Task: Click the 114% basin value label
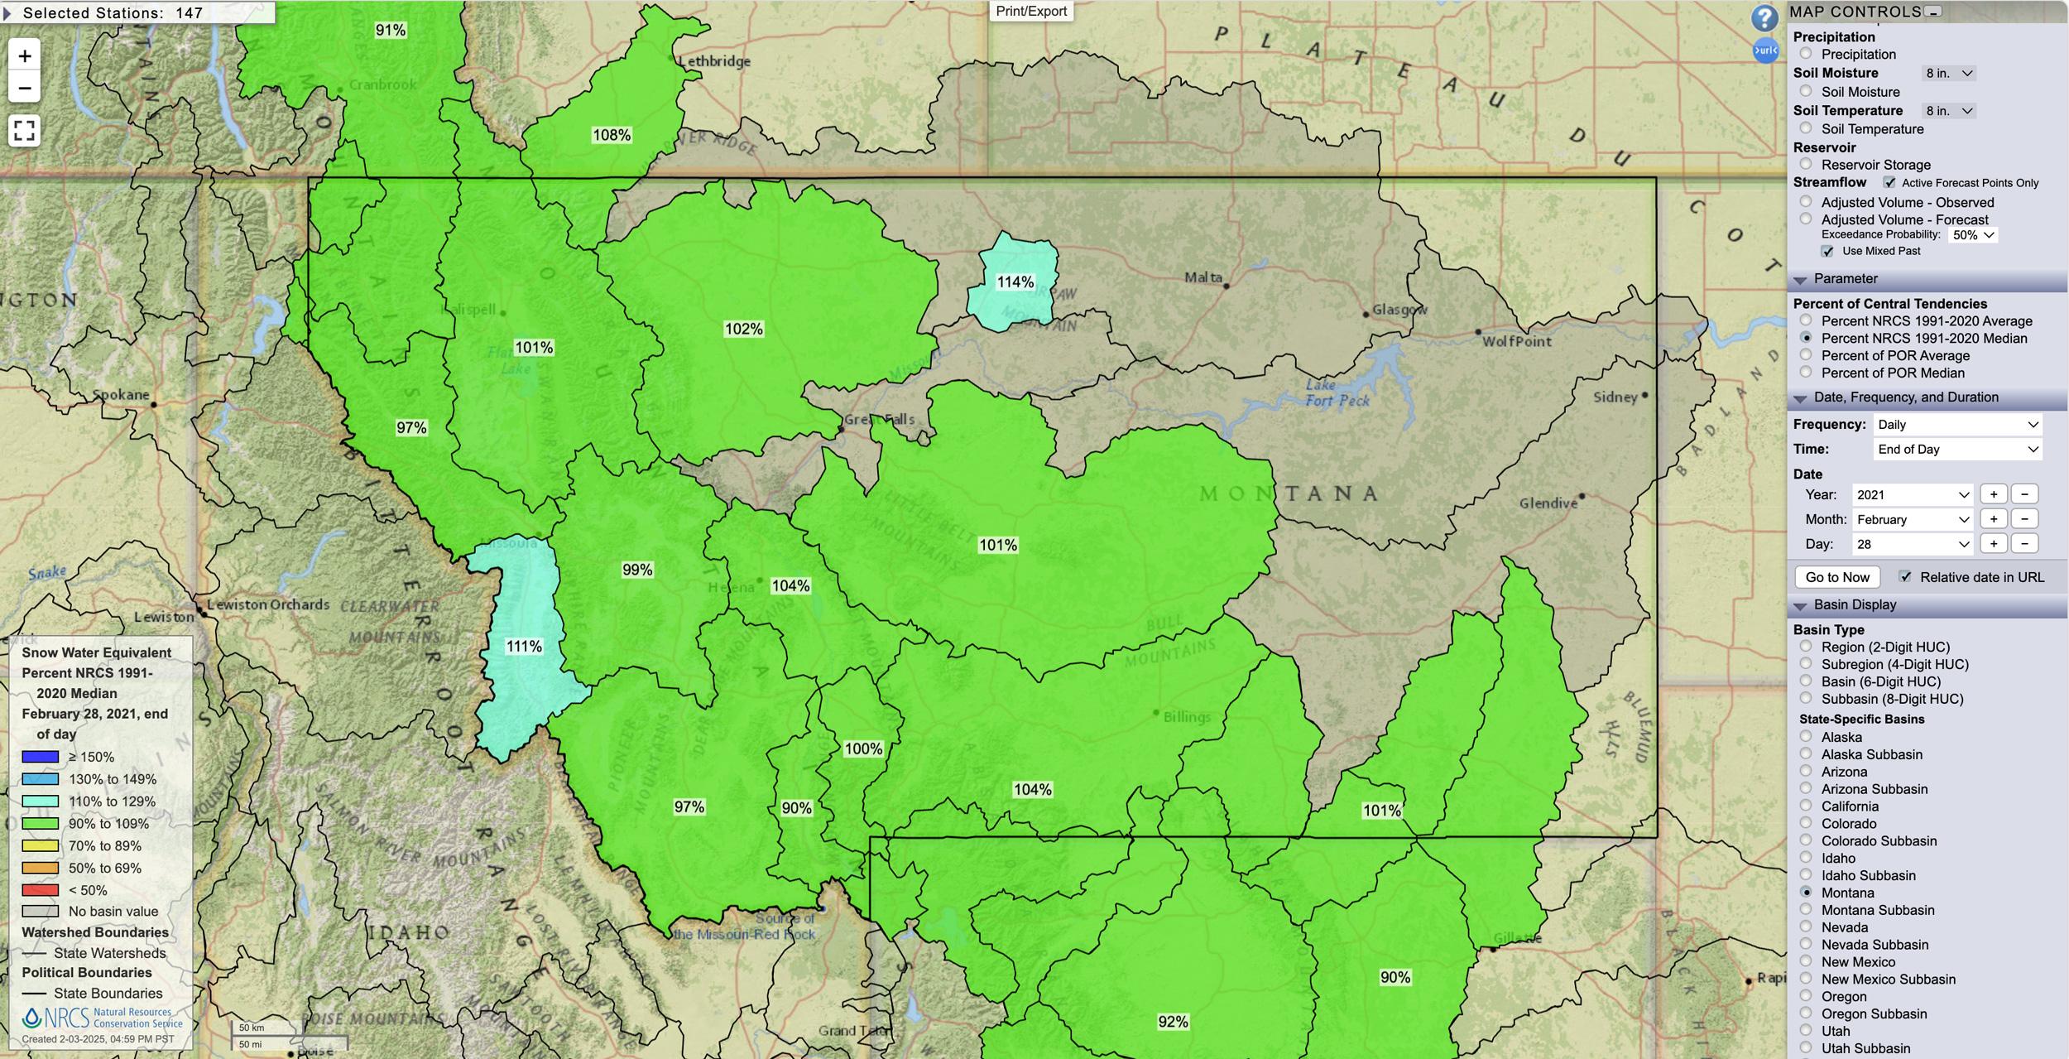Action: click(1015, 282)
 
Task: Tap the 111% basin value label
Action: click(524, 646)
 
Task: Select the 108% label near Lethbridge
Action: click(612, 135)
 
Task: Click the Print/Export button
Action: click(1030, 11)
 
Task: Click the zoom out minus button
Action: click(25, 88)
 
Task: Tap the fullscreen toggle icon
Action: click(25, 130)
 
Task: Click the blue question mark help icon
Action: click(1764, 18)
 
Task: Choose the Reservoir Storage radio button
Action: click(1806, 164)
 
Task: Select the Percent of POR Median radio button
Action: click(1806, 373)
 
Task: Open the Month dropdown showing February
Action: click(1912, 519)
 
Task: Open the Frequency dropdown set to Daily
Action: click(1956, 425)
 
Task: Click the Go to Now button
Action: click(1837, 577)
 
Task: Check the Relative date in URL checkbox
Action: click(1905, 576)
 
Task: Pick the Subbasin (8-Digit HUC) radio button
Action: click(1806, 698)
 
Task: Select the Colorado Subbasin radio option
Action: click(1806, 840)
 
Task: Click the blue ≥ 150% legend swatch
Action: click(40, 757)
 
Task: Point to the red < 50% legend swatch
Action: click(40, 890)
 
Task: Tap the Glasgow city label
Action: click(1399, 310)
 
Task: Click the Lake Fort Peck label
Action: click(1337, 393)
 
